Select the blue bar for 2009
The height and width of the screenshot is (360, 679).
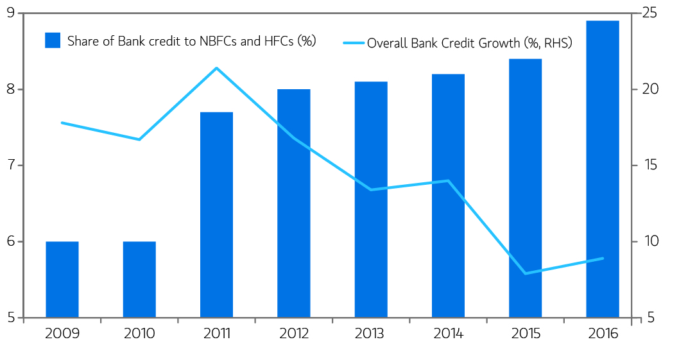[x=62, y=279]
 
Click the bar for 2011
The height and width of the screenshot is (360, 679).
[x=216, y=214]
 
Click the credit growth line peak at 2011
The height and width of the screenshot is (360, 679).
[x=216, y=68]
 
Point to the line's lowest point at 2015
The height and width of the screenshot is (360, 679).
[x=525, y=273]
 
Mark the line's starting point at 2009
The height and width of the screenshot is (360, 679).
[x=62, y=123]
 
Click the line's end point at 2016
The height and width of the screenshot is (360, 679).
[x=603, y=259]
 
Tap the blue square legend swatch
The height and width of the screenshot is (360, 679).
[x=53, y=40]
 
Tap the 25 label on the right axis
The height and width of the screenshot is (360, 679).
[x=649, y=13]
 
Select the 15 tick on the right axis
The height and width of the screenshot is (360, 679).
[x=649, y=166]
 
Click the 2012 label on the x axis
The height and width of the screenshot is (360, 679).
[x=294, y=334]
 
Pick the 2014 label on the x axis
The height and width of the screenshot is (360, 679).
[x=448, y=334]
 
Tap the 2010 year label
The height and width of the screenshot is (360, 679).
[x=139, y=334]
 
